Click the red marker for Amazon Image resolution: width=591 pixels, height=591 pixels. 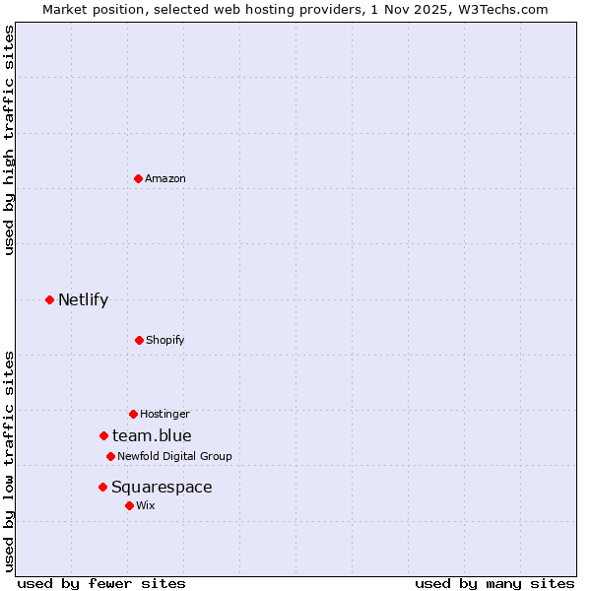(139, 178)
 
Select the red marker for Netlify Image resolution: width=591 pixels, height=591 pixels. (50, 299)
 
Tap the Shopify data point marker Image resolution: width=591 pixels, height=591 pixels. (139, 340)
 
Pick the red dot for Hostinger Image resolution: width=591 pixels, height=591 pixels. (133, 414)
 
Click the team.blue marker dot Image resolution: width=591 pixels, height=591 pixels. (103, 435)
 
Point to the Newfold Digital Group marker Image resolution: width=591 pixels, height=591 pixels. (110, 456)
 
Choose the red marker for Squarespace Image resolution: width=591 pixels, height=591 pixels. (102, 487)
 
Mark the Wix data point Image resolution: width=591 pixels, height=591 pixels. (129, 505)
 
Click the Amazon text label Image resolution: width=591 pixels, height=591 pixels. (165, 178)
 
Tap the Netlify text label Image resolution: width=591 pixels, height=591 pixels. (83, 299)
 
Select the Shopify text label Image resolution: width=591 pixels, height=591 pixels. (165, 340)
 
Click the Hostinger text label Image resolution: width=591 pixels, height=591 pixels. (164, 414)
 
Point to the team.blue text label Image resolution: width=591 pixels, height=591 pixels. (152, 435)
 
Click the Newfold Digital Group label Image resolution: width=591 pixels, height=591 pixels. (174, 456)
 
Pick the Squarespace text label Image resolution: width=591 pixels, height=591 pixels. (162, 487)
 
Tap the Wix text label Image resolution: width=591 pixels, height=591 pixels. (146, 505)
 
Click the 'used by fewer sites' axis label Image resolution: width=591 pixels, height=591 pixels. (101, 583)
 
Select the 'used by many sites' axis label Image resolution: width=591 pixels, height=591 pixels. (494, 583)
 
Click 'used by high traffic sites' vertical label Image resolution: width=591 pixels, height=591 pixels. (10, 140)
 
